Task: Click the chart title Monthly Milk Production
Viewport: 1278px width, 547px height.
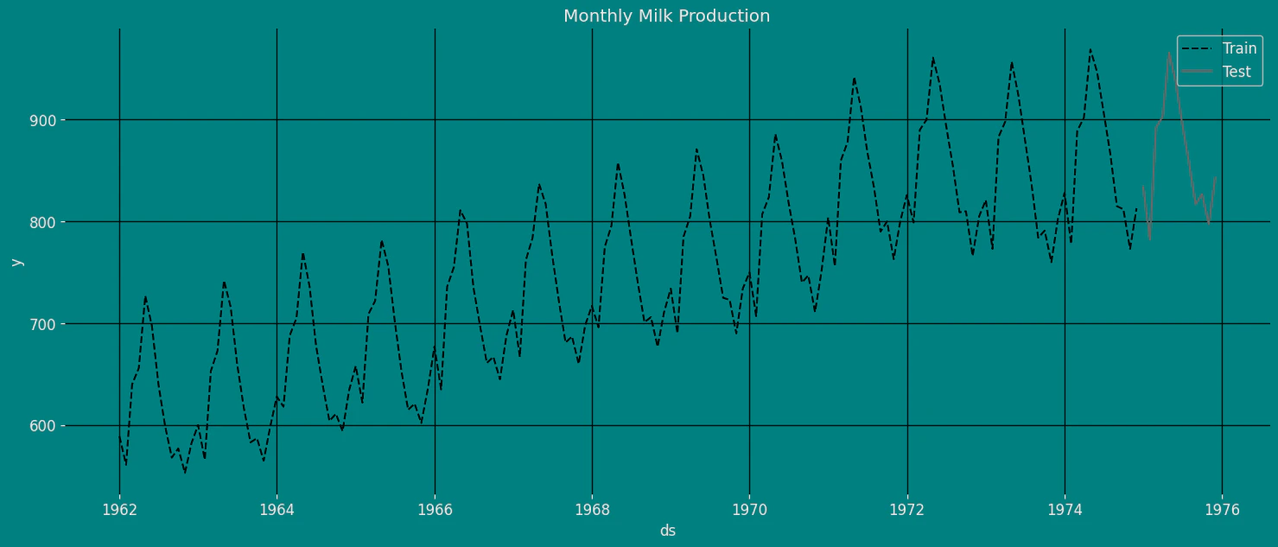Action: click(x=666, y=16)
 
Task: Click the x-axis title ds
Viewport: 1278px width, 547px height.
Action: click(x=667, y=531)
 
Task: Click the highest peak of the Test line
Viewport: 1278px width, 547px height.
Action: click(x=1169, y=53)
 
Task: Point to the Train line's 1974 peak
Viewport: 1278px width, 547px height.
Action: click(x=1090, y=49)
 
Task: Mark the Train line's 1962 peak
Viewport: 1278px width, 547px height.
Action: click(x=145, y=296)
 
